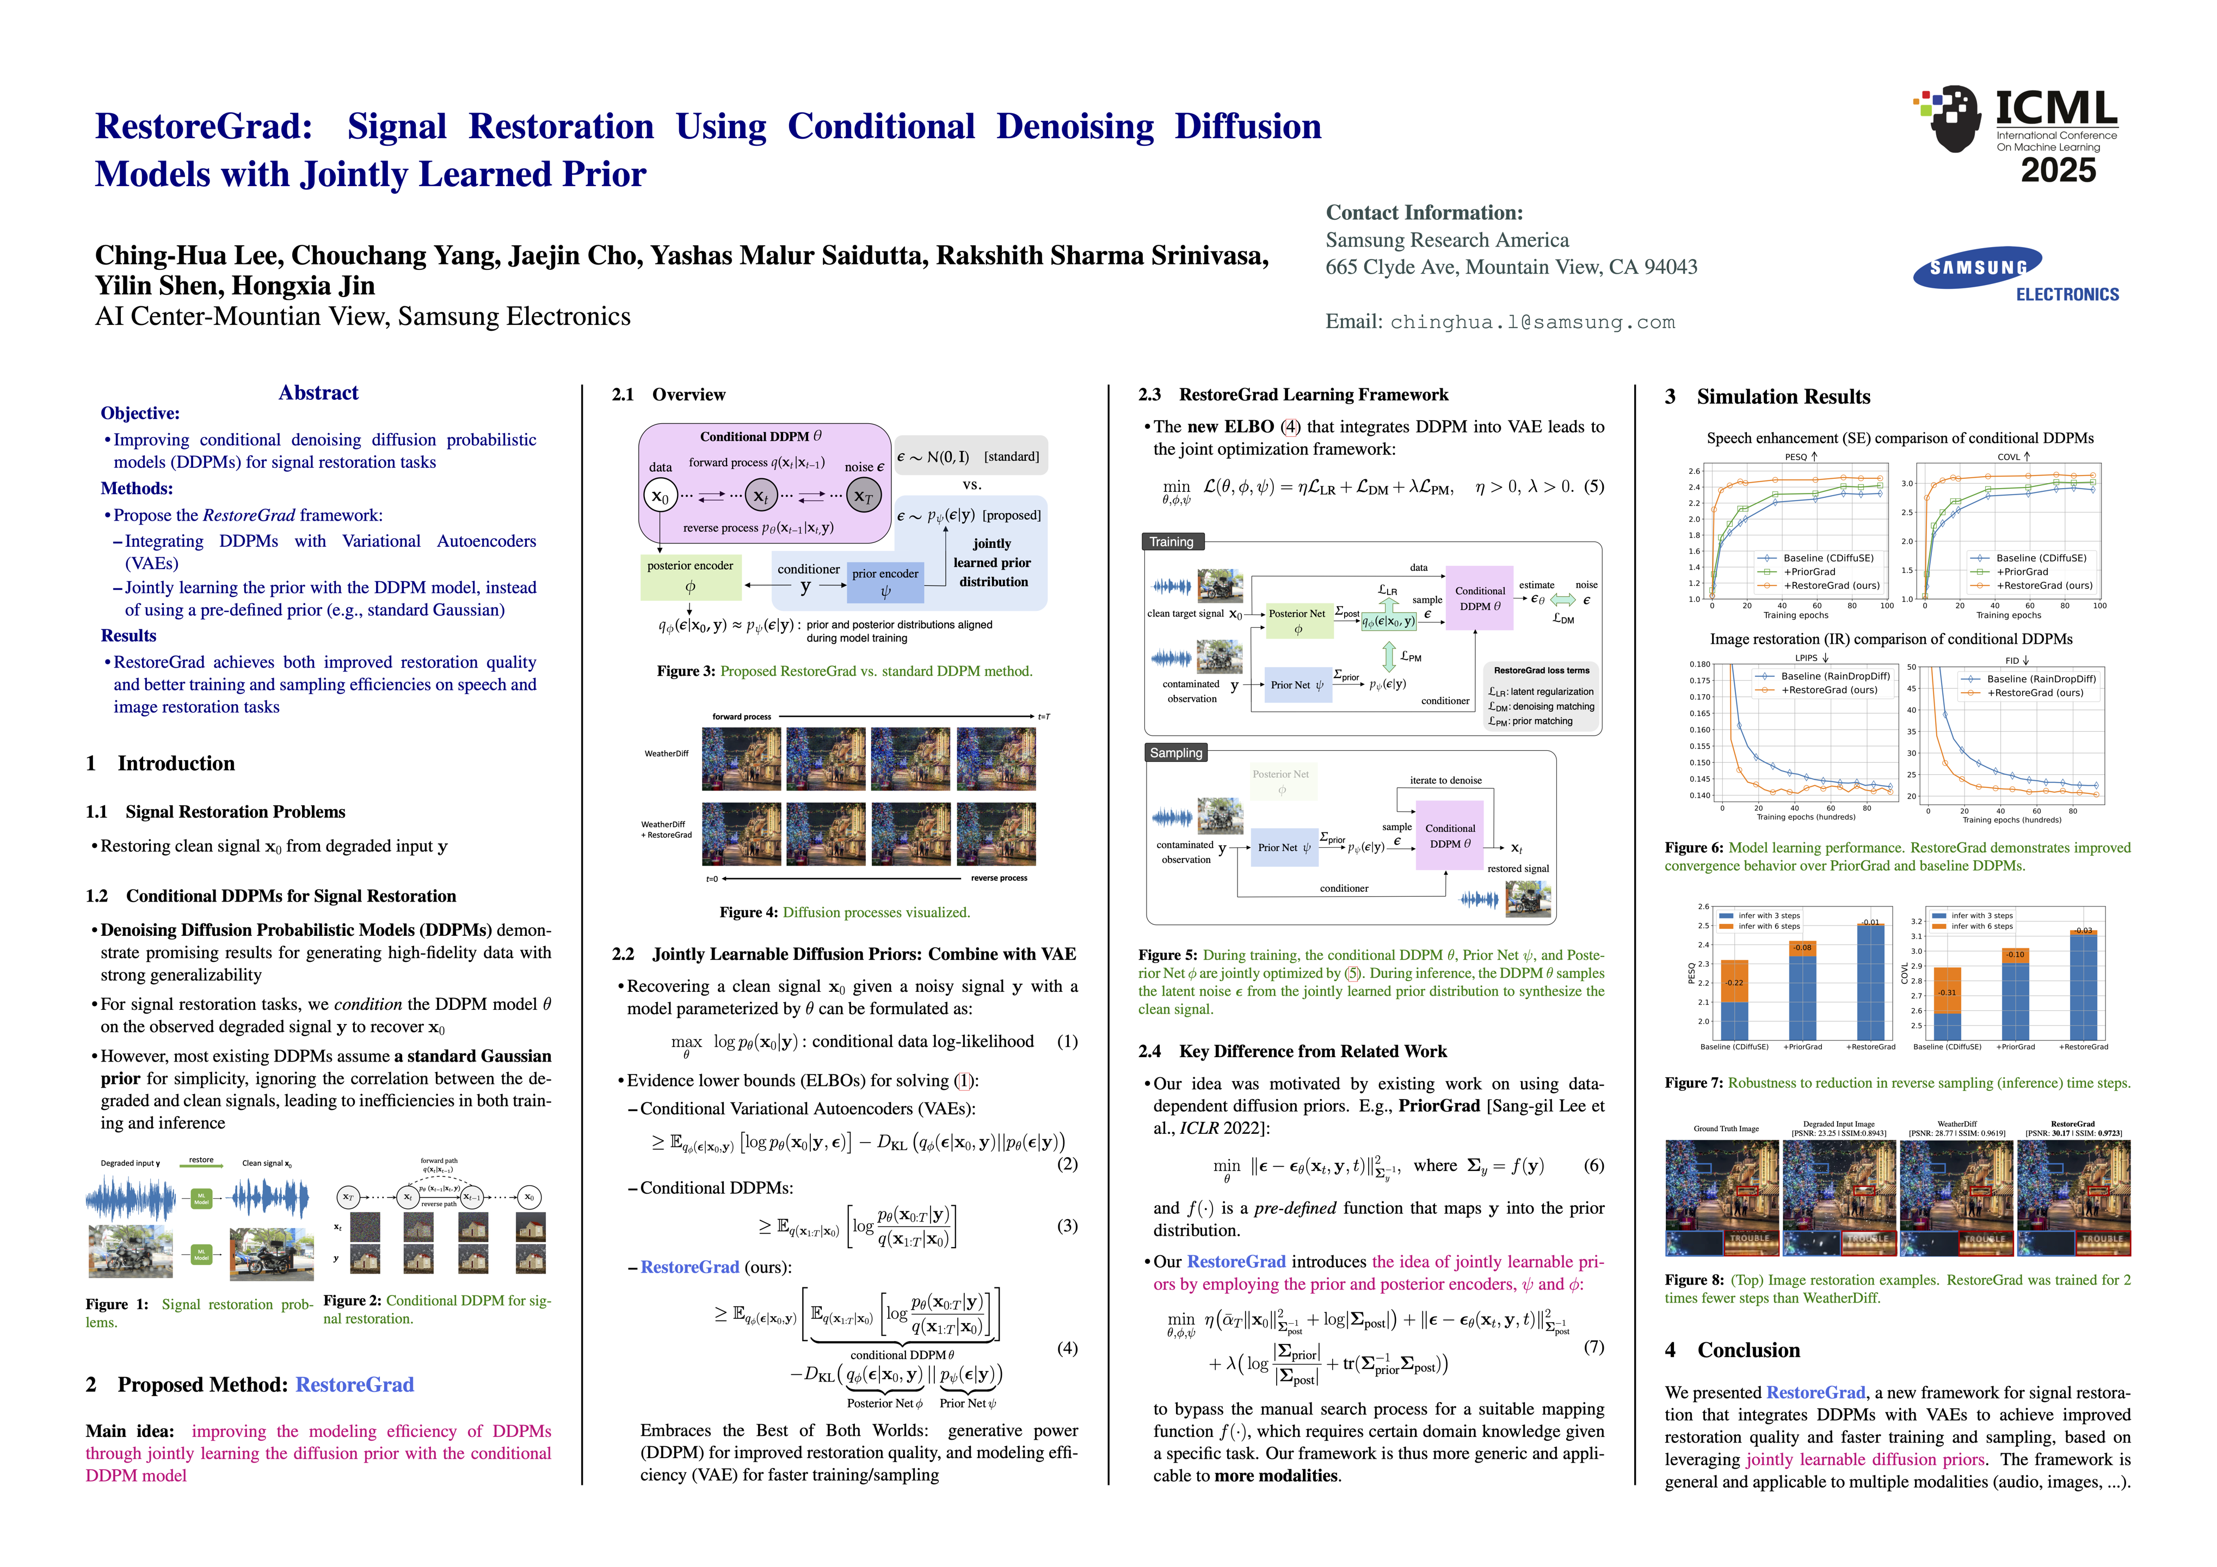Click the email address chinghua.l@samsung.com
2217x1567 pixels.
click(x=1532, y=323)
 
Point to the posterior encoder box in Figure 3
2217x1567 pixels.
click(x=689, y=576)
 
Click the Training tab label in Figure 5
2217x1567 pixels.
click(x=1171, y=541)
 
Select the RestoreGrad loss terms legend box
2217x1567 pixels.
click(x=1541, y=695)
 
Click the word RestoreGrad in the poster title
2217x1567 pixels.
click(x=204, y=126)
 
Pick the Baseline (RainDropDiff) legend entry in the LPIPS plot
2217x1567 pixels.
click(x=1834, y=677)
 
